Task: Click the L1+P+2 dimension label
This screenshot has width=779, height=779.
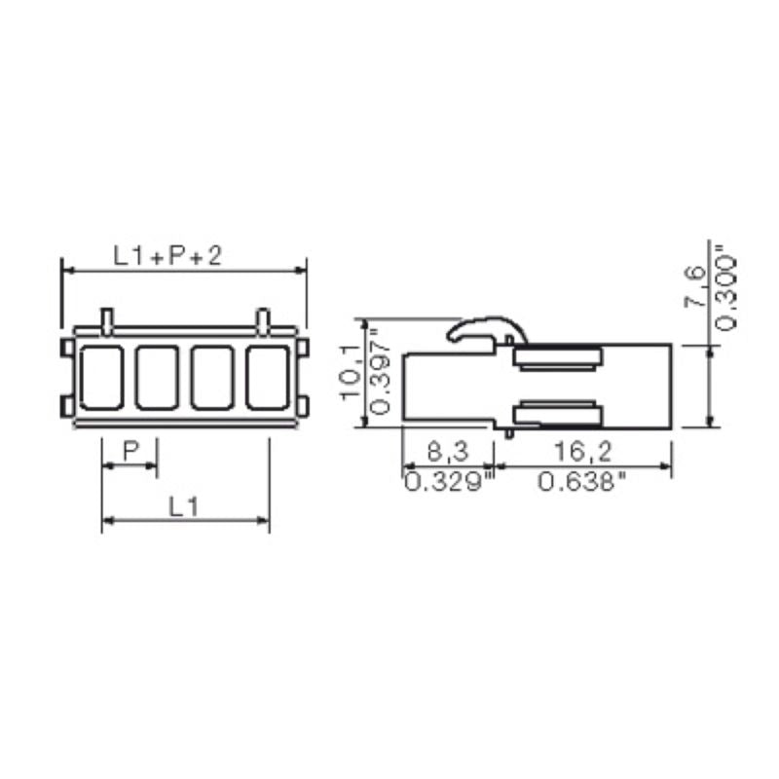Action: [x=167, y=255]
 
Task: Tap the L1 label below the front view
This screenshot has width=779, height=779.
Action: [x=184, y=505]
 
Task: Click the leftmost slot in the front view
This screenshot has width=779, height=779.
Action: [x=100, y=377]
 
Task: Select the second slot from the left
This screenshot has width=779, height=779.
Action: [x=156, y=377]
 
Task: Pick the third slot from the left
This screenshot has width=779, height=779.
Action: [x=211, y=377]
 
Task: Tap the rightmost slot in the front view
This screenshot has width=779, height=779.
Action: [x=267, y=377]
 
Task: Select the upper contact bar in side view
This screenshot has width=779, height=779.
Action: [x=557, y=358]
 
